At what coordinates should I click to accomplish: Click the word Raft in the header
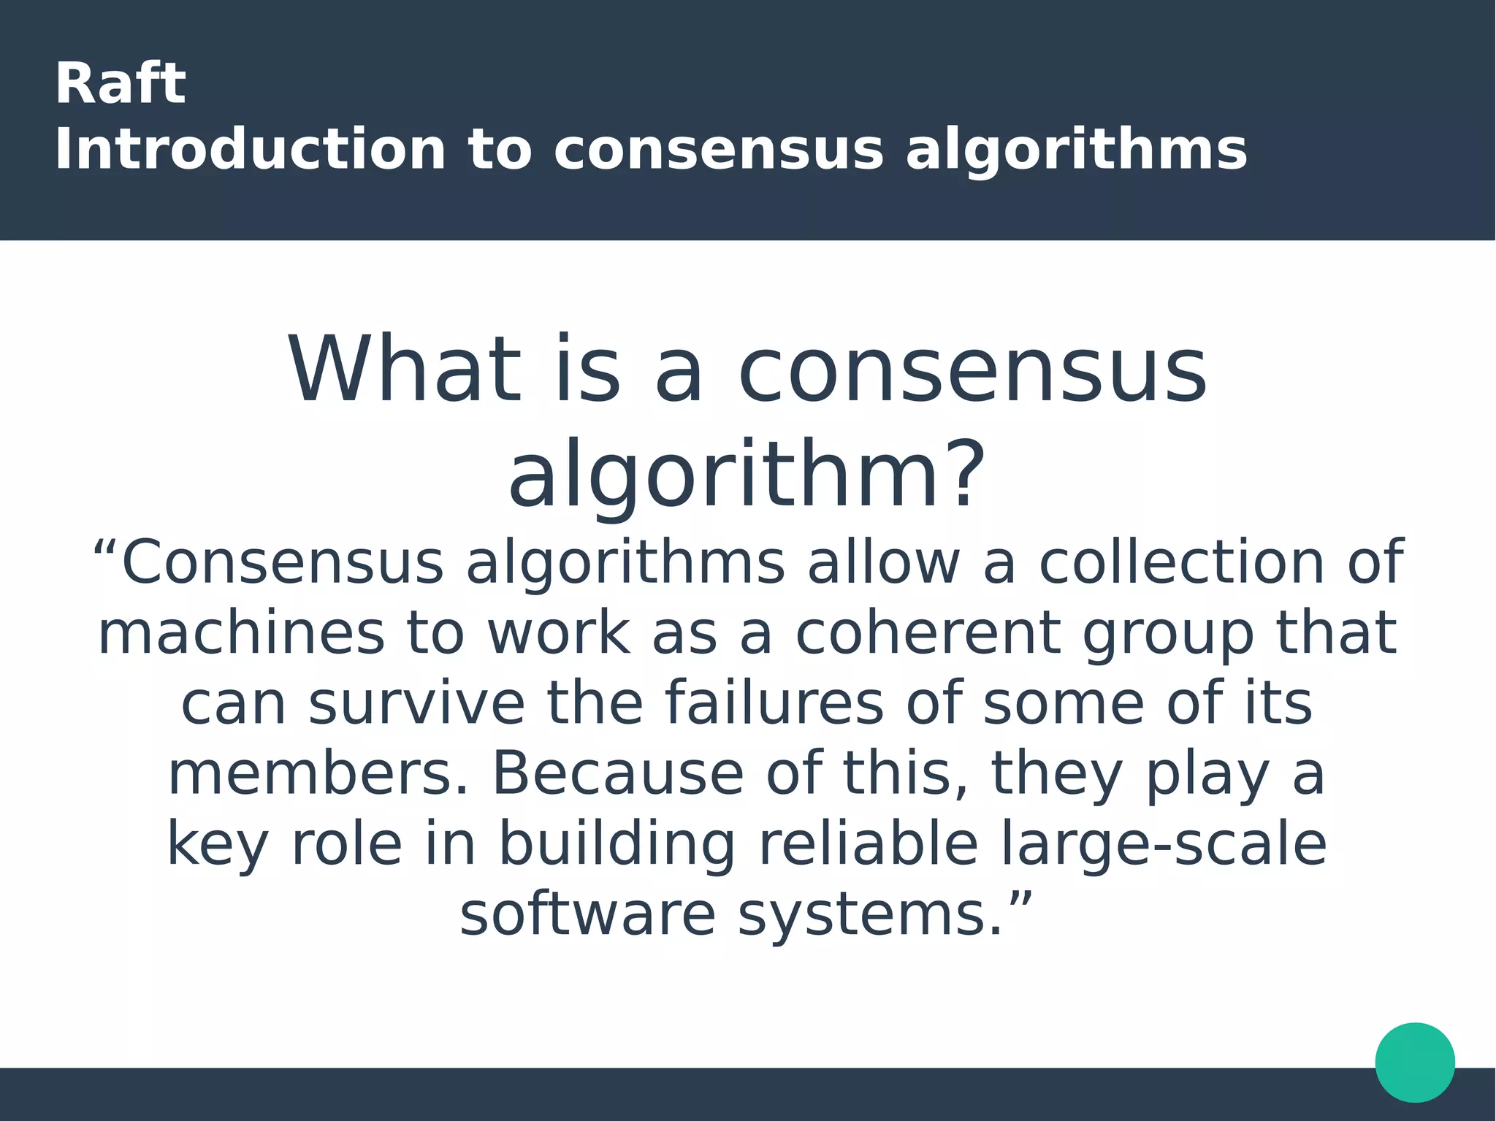[120, 84]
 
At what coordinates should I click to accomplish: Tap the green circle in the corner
[1414, 1062]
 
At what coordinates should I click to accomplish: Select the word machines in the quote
[241, 632]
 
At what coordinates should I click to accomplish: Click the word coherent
[927, 632]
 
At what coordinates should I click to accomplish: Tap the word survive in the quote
[416, 703]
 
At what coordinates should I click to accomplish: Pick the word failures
[774, 703]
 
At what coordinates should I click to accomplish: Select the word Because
[618, 773]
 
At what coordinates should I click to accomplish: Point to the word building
[617, 844]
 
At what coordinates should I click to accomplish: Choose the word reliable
[869, 844]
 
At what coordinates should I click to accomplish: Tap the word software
[587, 915]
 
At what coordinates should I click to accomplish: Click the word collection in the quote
[1181, 562]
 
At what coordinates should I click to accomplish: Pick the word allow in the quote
[883, 562]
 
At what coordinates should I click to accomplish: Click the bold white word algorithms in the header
[1076, 150]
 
